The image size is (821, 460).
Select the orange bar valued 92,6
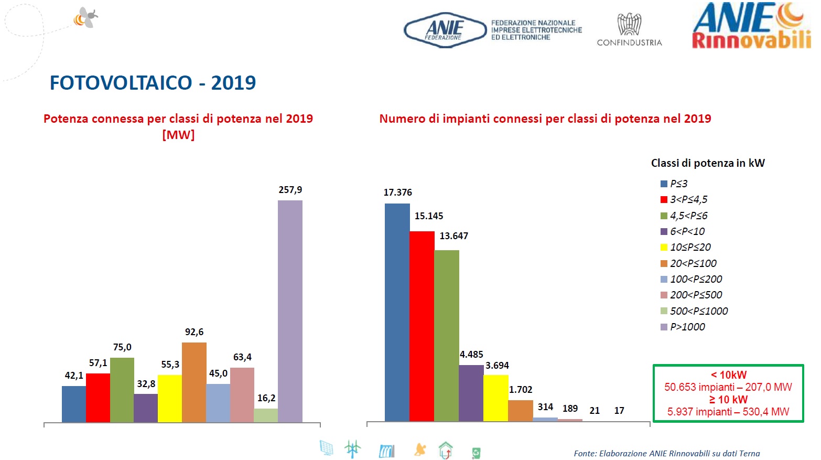(194, 382)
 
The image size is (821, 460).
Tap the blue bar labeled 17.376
(397, 312)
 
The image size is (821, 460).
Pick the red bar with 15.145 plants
(422, 326)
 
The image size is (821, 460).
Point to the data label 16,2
(266, 398)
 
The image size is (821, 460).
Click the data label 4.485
(471, 355)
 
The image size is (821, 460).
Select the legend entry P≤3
(678, 184)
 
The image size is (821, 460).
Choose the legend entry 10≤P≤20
(690, 247)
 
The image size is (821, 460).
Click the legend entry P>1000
(687, 327)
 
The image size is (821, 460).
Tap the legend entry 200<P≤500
(696, 295)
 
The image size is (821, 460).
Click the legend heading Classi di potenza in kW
(708, 163)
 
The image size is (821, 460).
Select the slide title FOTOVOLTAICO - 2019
(153, 83)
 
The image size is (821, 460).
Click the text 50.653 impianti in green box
(699, 387)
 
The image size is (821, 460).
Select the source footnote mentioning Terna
(666, 454)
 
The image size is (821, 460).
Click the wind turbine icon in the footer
(352, 449)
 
